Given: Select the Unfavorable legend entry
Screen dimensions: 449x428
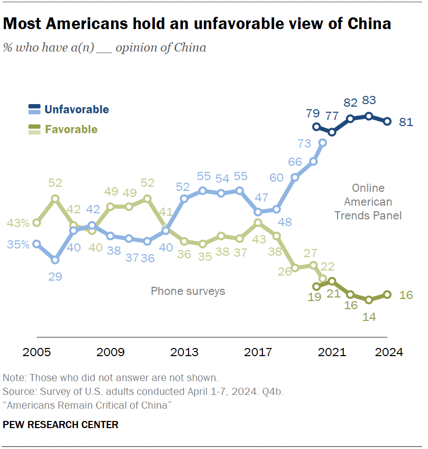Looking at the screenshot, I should tap(76, 109).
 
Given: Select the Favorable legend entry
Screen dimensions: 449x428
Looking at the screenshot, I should tap(71, 129).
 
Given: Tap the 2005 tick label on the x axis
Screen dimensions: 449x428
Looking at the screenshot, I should tap(37, 352).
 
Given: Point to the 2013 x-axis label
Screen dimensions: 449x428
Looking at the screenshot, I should tap(184, 352).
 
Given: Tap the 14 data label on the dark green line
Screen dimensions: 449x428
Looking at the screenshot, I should tap(369, 316).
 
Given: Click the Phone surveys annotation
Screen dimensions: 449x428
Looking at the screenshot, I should tap(188, 291).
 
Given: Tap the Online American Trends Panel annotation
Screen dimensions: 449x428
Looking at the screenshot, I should tap(368, 202).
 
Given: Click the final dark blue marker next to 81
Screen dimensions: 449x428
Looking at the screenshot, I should tap(387, 121).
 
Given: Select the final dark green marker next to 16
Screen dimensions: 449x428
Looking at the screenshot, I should tap(387, 294).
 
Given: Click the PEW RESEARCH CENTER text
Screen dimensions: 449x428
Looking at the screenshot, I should tap(61, 425).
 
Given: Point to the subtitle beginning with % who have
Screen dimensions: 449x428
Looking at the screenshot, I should tap(104, 48).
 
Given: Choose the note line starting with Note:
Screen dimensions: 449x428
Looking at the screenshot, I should tap(111, 378).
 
